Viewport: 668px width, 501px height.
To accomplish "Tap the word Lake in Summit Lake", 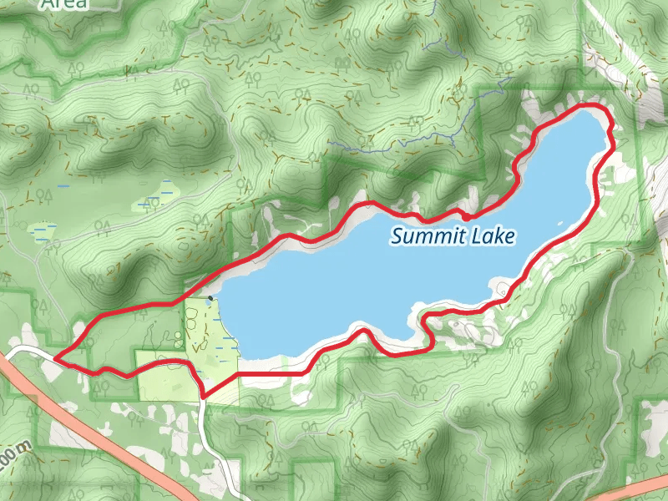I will [x=494, y=237].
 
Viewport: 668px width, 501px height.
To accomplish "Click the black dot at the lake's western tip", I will [x=211, y=297].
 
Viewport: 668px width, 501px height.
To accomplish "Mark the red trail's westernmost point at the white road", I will [x=56, y=358].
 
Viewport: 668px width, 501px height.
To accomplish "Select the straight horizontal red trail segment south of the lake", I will [x=263, y=375].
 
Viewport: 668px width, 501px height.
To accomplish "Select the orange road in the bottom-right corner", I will [x=635, y=488].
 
